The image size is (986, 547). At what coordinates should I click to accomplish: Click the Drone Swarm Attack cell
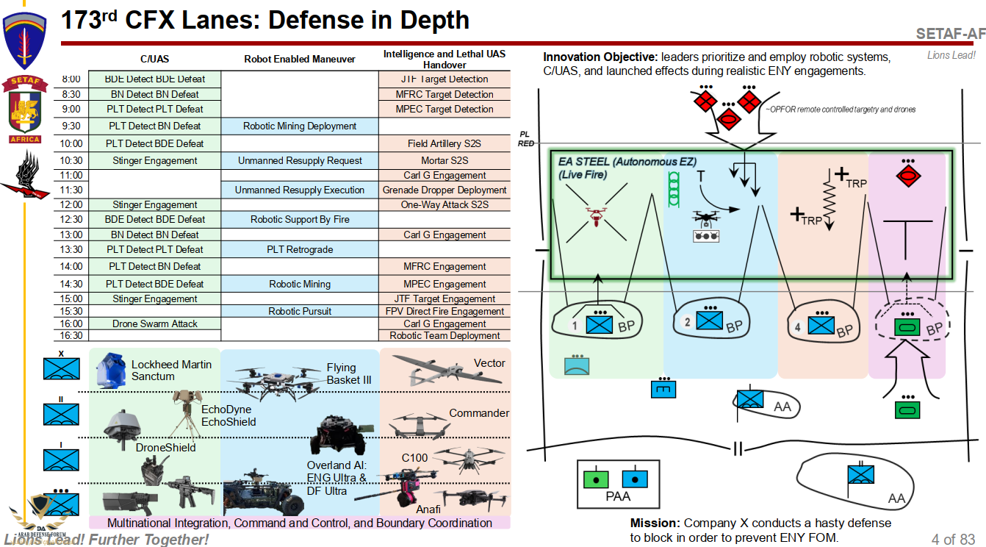[155, 323]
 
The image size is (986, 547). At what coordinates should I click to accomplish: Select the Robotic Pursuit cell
[300, 311]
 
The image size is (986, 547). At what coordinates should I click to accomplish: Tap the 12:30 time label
[71, 219]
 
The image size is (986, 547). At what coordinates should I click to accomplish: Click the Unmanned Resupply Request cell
[300, 160]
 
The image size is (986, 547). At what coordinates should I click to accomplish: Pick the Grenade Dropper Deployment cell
[445, 190]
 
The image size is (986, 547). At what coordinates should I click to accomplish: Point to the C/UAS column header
[155, 59]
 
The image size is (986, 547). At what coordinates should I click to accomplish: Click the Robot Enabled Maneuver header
[300, 59]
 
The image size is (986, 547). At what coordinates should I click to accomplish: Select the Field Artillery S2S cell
[445, 143]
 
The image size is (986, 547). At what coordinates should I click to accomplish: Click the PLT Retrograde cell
[300, 249]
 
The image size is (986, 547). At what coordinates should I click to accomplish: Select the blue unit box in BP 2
[709, 319]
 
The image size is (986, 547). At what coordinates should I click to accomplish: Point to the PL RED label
[525, 139]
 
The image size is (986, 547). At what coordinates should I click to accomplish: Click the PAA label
[617, 496]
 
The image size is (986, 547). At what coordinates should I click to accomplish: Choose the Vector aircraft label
[489, 363]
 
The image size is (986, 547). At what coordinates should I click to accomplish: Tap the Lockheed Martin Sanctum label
[171, 370]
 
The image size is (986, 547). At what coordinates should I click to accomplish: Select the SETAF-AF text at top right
[950, 34]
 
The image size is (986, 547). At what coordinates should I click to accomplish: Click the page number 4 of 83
[953, 539]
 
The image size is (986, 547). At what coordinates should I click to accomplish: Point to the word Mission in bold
[655, 523]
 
